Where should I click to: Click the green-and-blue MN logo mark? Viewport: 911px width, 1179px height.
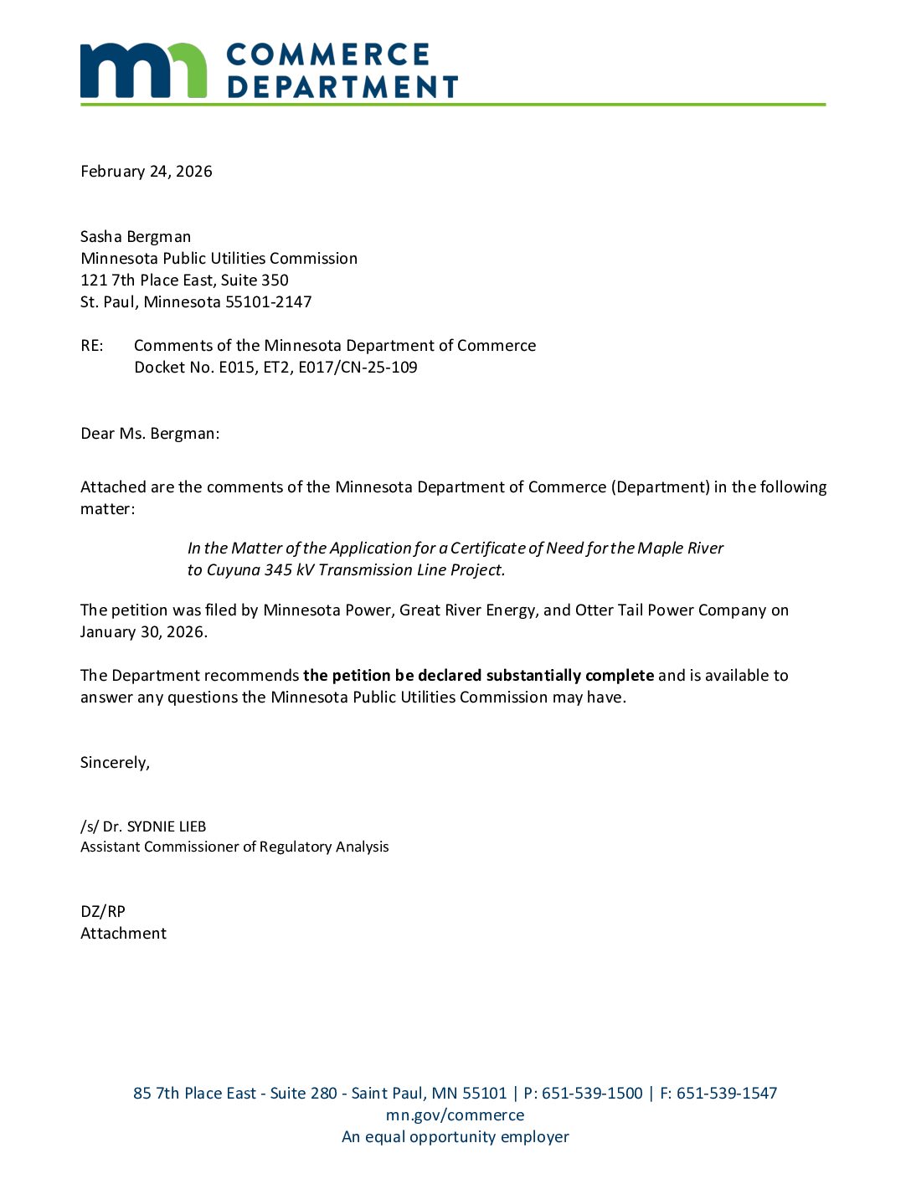143,70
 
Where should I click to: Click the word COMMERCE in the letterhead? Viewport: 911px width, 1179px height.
327,55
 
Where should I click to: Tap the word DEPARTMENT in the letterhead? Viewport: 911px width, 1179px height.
342,87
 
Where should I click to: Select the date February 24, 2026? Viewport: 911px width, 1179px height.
147,172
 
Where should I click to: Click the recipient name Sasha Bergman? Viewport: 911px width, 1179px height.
136,237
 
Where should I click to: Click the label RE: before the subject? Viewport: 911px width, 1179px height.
92,346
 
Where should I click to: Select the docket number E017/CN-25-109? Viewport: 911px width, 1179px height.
358,368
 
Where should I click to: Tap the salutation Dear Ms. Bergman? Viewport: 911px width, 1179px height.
150,434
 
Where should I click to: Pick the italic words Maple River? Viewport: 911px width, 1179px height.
680,548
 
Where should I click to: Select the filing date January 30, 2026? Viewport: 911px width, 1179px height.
143,632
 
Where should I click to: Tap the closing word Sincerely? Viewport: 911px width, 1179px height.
115,763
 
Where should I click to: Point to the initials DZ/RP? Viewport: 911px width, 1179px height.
103,912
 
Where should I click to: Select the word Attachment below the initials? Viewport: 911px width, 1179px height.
123,934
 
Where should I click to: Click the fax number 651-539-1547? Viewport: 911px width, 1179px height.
727,1094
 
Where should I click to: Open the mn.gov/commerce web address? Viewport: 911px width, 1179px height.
455,1115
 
